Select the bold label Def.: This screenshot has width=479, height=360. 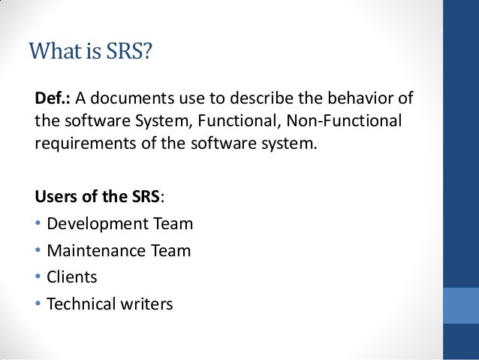click(x=53, y=99)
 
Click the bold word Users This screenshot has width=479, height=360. click(x=57, y=198)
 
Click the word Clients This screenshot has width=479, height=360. click(x=72, y=277)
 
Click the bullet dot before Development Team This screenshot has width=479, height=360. click(x=38, y=224)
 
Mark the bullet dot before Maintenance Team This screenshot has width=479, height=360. click(x=38, y=251)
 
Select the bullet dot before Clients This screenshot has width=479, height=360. click(x=38, y=278)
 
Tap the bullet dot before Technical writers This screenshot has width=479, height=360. click(x=38, y=305)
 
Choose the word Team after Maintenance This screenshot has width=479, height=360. click(x=173, y=250)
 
